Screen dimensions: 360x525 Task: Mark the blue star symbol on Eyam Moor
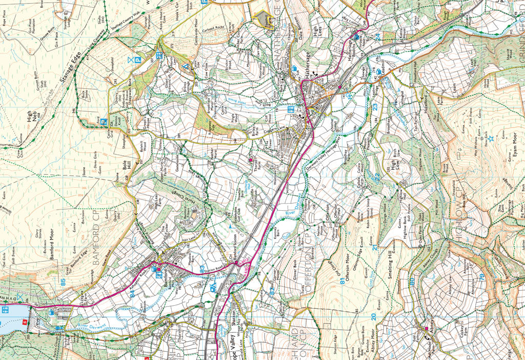click(x=491, y=138)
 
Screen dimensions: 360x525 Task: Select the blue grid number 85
click(x=63, y=282)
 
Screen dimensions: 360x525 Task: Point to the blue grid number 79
click(x=481, y=277)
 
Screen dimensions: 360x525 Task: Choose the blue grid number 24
click(x=378, y=37)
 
